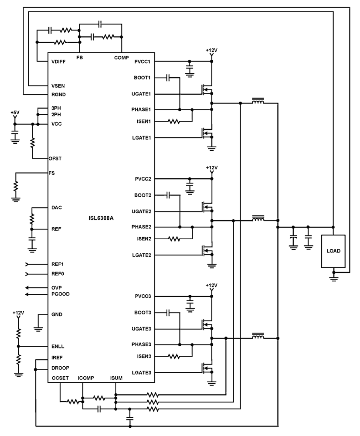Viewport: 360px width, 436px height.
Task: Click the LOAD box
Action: [333, 251]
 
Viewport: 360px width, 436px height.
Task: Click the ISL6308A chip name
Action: [101, 218]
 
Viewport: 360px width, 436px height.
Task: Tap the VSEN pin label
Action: [58, 86]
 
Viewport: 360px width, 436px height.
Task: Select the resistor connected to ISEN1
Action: [174, 122]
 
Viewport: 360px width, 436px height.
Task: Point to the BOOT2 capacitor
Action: [168, 195]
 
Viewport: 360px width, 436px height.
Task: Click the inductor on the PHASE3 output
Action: [258, 336]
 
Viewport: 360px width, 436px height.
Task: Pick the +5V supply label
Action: [15, 113]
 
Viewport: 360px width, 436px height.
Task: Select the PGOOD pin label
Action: [60, 294]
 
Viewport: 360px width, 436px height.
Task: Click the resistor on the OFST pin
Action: [32, 142]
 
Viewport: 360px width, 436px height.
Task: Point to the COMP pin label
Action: [121, 58]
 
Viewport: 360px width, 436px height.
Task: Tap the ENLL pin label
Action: [58, 347]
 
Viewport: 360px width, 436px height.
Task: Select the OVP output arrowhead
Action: [27, 288]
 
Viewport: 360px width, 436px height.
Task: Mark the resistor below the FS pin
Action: [16, 186]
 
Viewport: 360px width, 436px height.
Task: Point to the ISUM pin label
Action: [116, 378]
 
